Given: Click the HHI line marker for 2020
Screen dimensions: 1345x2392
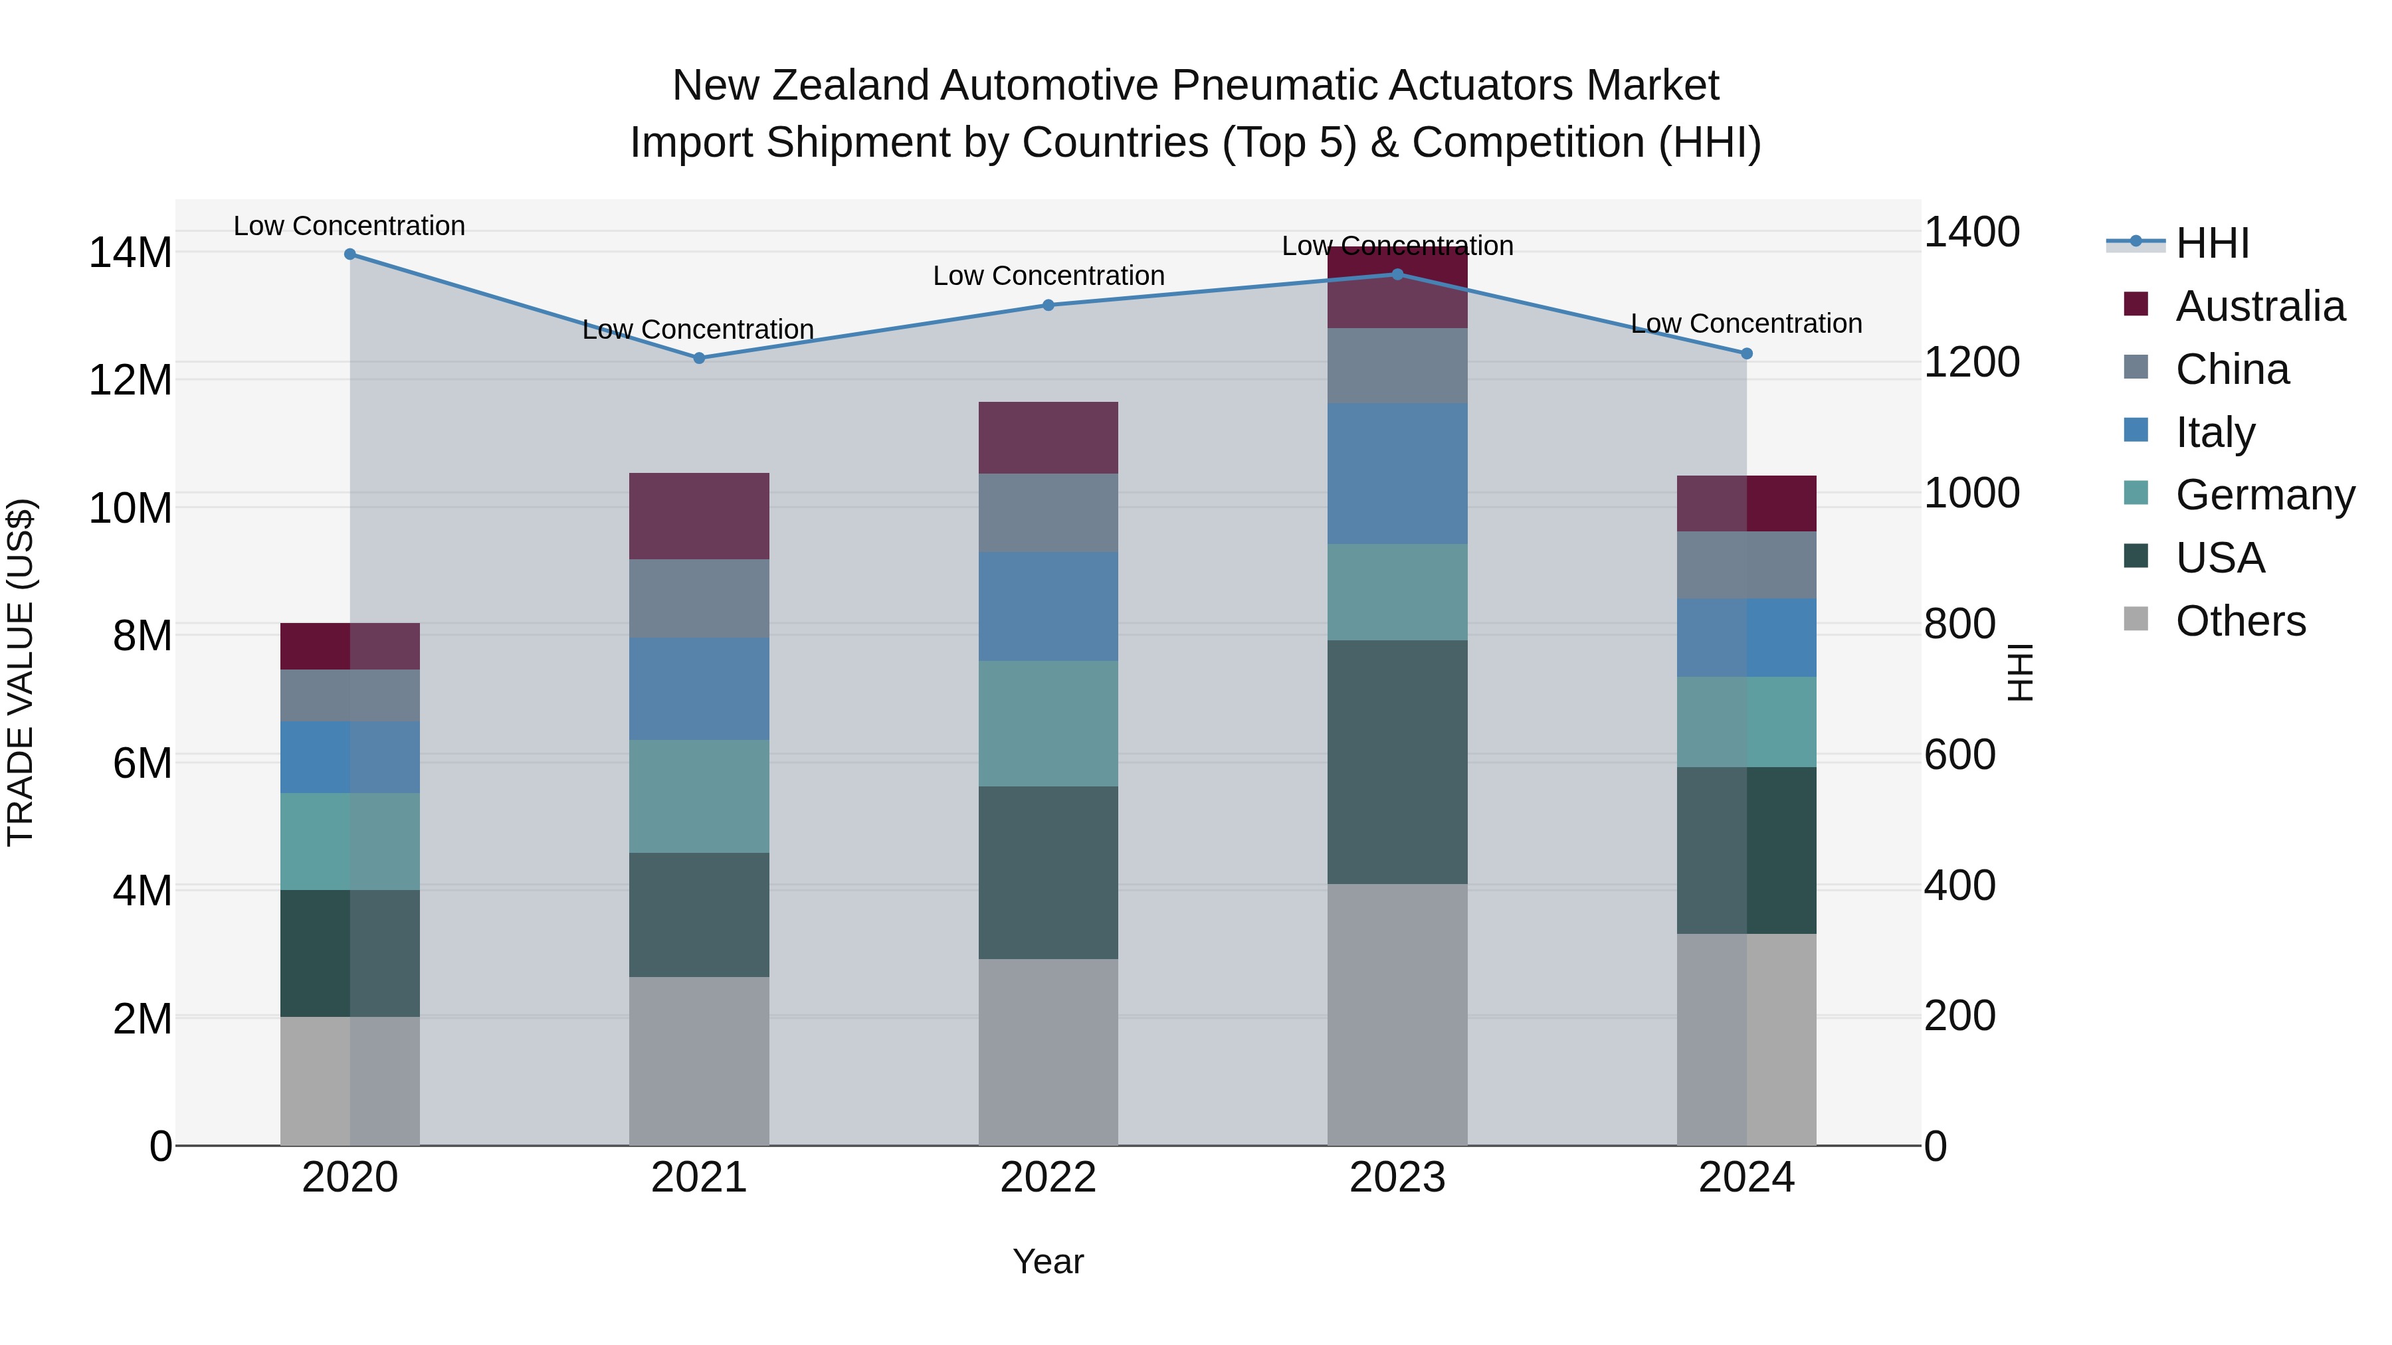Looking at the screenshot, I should click(350, 254).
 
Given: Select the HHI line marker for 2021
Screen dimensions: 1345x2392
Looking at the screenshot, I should click(699, 358).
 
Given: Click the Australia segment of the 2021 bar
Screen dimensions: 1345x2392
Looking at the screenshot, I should click(699, 516).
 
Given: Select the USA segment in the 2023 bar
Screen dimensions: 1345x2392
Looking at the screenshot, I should click(1397, 761).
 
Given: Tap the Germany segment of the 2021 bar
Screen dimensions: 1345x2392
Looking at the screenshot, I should click(699, 796).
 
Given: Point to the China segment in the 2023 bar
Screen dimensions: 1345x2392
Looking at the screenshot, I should click(1397, 366).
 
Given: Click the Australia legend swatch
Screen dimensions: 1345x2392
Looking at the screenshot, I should click(2136, 304).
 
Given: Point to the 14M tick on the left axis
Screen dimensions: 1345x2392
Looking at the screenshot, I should click(130, 252).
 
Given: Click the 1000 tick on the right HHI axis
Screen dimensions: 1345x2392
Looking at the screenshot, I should click(1971, 493).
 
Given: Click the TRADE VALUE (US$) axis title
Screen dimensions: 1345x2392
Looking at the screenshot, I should click(21, 672).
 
